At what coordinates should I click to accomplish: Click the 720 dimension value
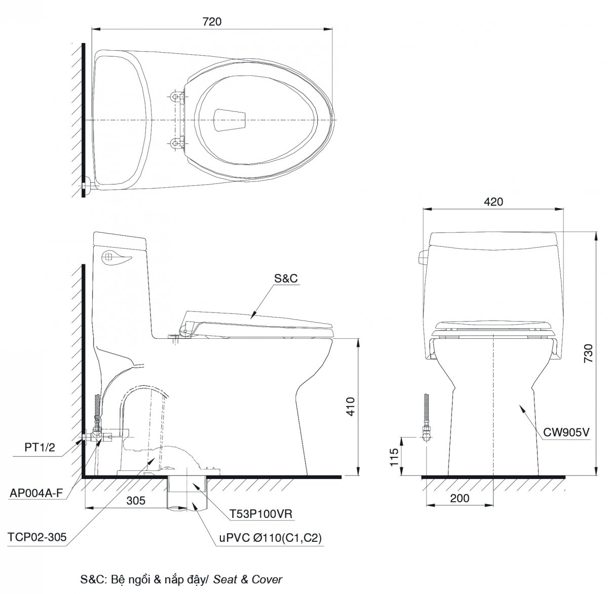[x=212, y=22]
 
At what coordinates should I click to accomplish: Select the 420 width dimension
[x=493, y=202]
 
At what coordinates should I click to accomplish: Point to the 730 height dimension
[x=588, y=353]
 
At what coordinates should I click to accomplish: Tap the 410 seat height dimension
[x=351, y=406]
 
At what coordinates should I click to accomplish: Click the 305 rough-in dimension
[x=136, y=501]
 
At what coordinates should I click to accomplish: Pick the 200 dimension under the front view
[x=460, y=498]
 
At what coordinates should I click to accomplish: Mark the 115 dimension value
[x=394, y=457]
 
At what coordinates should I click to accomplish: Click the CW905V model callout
[x=566, y=432]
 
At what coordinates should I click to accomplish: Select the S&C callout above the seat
[x=286, y=278]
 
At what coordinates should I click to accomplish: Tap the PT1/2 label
[x=40, y=448]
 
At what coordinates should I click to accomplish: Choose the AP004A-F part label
[x=36, y=493]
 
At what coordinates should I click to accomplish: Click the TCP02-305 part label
[x=37, y=537]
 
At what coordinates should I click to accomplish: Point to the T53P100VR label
[x=261, y=514]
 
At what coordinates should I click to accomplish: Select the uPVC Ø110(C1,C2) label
[x=270, y=537]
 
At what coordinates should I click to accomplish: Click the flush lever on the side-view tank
[x=117, y=257]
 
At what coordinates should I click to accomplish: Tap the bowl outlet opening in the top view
[x=230, y=120]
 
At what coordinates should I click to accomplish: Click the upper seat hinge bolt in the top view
[x=175, y=96]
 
